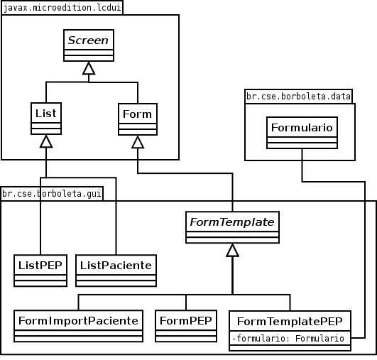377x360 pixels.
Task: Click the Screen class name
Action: point(88,40)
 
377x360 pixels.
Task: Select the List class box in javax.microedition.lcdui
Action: point(46,119)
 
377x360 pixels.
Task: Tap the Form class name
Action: point(137,114)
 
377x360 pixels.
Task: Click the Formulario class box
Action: point(302,133)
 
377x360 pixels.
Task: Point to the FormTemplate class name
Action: point(232,222)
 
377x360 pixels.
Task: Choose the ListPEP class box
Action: point(40,271)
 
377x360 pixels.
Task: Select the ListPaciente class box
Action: point(116,271)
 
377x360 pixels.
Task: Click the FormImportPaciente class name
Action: point(78,321)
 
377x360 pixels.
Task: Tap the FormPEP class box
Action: point(186,326)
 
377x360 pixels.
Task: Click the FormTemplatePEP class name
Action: point(290,322)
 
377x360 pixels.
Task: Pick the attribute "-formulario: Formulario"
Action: point(288,339)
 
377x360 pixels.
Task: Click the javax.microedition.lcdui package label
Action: point(62,8)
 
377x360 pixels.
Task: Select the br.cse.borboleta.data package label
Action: point(298,97)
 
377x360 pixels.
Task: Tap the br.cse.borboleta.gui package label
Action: point(52,194)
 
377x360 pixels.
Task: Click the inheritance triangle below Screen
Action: point(89,68)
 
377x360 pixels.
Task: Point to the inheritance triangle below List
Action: point(46,141)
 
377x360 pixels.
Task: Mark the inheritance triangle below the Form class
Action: point(138,142)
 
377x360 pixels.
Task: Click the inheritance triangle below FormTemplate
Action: point(232,251)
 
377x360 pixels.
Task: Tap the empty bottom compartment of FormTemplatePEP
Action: point(290,348)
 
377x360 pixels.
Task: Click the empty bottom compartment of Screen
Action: point(89,58)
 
